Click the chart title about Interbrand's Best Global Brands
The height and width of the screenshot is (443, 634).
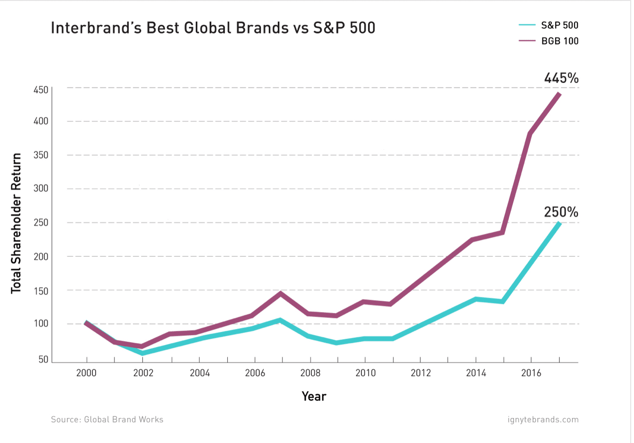click(213, 28)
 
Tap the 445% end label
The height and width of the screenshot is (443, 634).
click(561, 78)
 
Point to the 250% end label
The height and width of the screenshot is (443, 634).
click(561, 212)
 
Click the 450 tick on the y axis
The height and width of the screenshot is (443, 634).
click(41, 90)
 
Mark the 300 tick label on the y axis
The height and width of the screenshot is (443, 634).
click(41, 189)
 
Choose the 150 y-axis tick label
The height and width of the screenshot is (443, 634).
click(41, 291)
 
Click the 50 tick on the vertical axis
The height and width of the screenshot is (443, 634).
click(43, 359)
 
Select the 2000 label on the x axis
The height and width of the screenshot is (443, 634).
click(86, 373)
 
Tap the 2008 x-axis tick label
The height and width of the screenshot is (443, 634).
click(310, 373)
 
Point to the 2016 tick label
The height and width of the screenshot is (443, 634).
click(531, 373)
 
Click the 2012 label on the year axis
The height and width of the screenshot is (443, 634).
click(421, 373)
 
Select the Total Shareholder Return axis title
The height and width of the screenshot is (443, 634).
click(17, 223)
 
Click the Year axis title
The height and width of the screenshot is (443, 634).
click(314, 396)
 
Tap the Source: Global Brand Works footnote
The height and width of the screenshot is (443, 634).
click(107, 419)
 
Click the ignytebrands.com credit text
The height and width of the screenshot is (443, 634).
click(543, 419)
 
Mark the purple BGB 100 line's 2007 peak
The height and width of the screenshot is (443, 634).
click(280, 294)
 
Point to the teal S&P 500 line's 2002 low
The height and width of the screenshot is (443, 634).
click(142, 353)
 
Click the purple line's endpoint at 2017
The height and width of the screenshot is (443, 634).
click(559, 94)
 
